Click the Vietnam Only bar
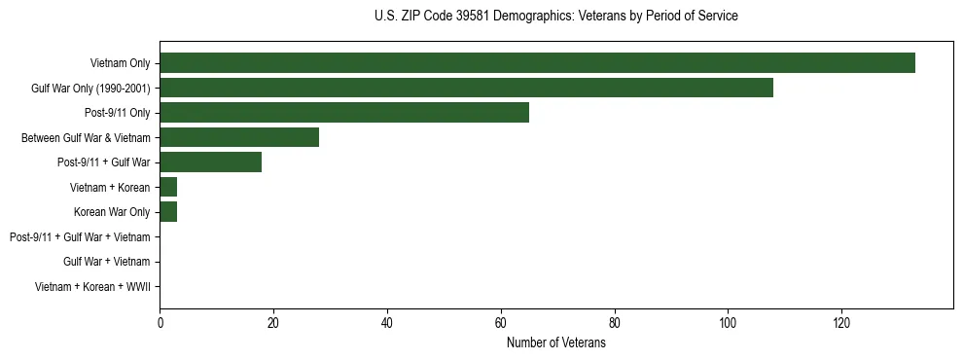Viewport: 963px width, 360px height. click(537, 63)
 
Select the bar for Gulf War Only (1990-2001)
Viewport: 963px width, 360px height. click(466, 88)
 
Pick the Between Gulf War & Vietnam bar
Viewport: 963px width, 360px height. click(239, 137)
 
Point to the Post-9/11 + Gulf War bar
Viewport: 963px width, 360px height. click(211, 162)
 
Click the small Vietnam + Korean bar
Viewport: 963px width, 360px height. click(168, 187)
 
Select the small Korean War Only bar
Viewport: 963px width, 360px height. click(168, 212)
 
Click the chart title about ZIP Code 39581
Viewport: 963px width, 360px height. click(555, 17)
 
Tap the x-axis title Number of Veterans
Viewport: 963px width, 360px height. click(555, 343)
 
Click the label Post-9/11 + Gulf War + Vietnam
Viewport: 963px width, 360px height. click(80, 237)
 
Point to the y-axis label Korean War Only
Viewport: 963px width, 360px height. click(112, 212)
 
